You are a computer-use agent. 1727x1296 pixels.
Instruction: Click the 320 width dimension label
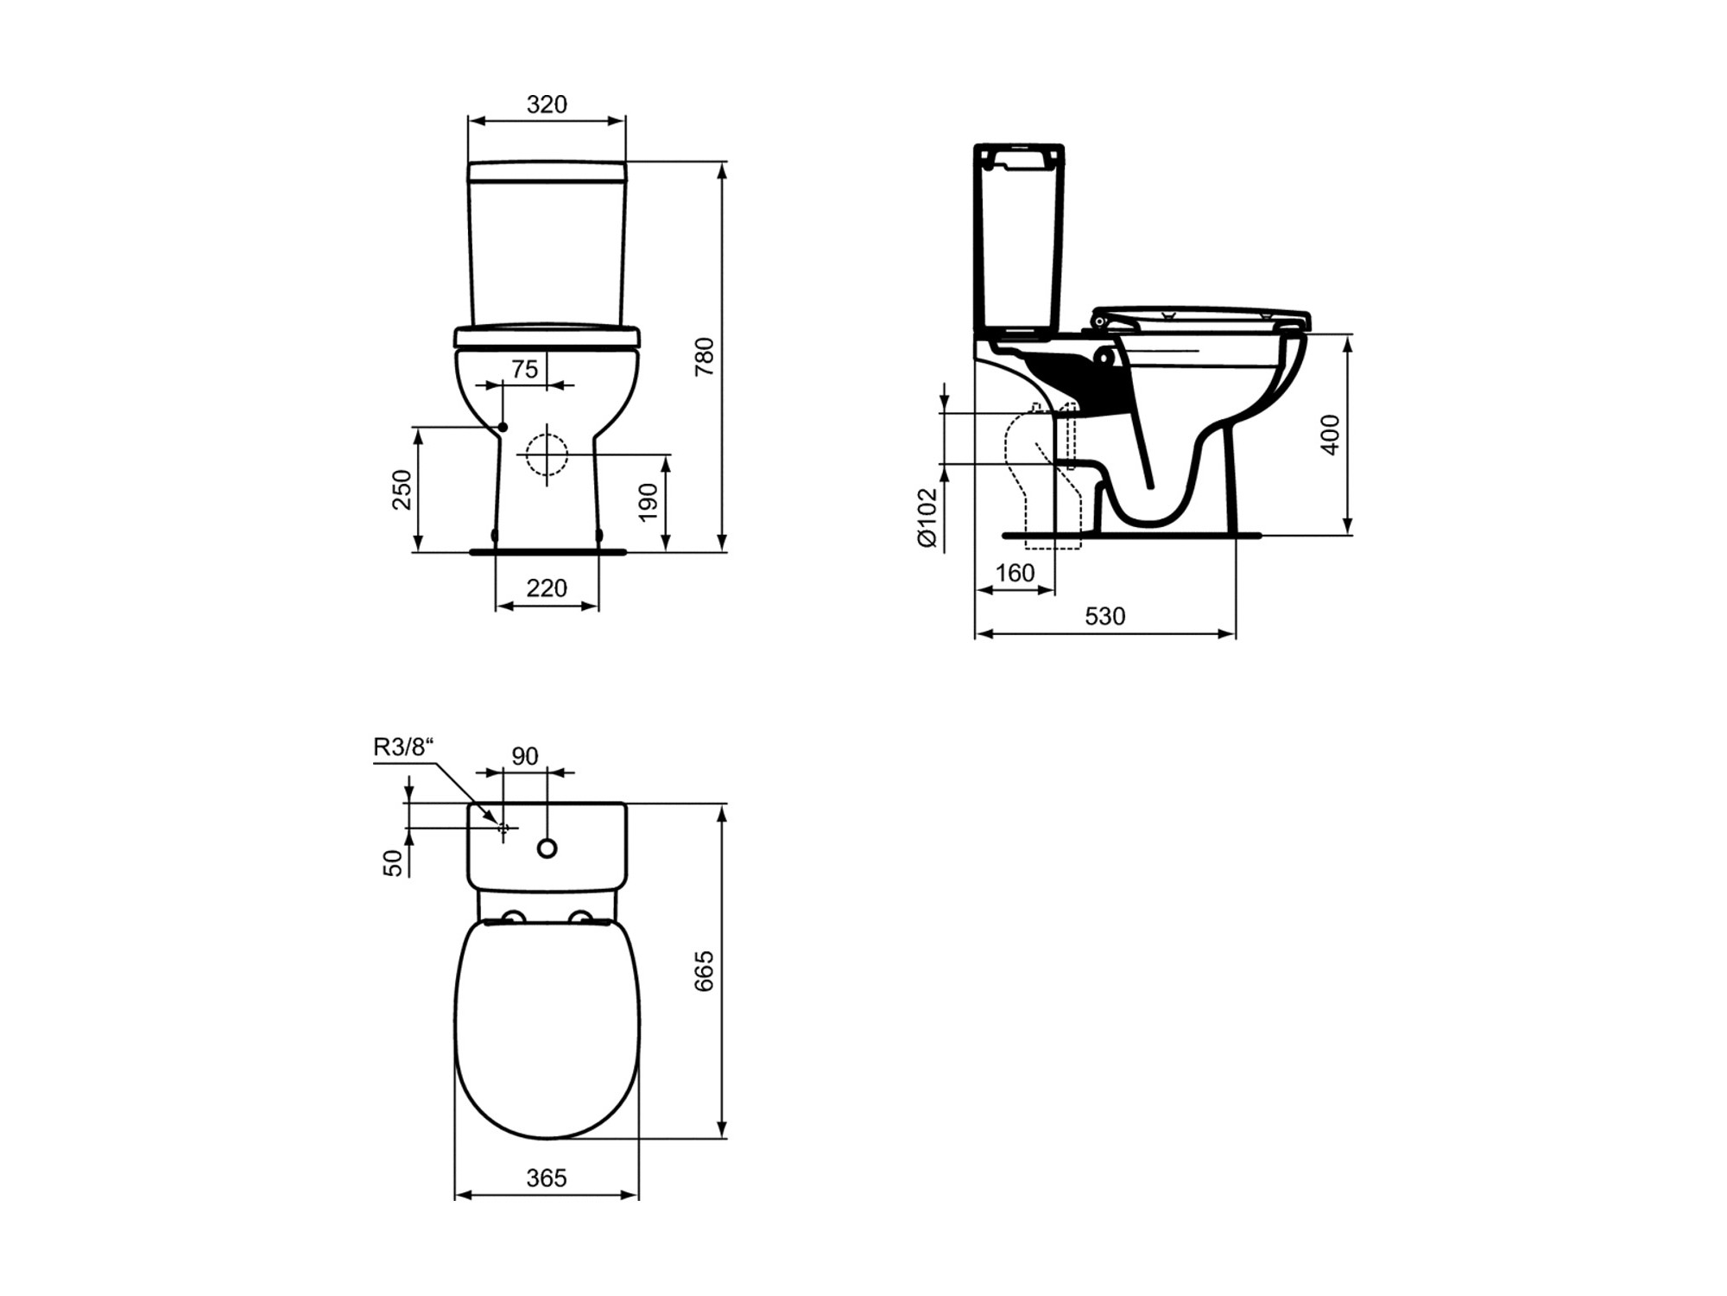(x=547, y=105)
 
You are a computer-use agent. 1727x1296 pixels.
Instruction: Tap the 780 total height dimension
(x=705, y=356)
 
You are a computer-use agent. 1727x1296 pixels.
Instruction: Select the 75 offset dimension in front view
(x=524, y=369)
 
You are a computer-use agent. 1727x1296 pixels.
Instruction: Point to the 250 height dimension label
(x=402, y=489)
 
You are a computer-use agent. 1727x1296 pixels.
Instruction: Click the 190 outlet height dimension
(x=648, y=502)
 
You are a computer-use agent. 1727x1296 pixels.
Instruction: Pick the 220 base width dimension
(x=547, y=588)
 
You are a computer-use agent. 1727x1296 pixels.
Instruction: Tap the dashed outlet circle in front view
(x=547, y=454)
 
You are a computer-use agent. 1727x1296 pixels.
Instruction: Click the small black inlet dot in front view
(x=503, y=427)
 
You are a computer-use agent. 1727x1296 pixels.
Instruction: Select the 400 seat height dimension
(x=1331, y=435)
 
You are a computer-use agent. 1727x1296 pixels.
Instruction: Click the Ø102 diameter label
(x=927, y=518)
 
